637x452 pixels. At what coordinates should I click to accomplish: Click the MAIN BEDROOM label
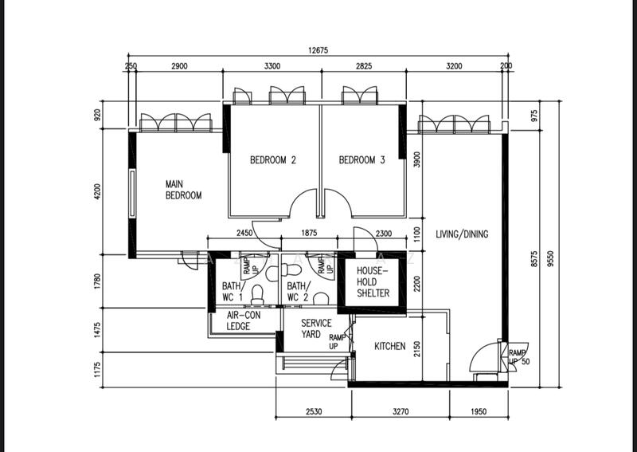click(x=183, y=189)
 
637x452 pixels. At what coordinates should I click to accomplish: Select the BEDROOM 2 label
click(x=273, y=160)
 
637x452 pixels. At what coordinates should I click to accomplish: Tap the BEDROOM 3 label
click(x=362, y=160)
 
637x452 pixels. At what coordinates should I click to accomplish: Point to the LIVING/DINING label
click(x=462, y=234)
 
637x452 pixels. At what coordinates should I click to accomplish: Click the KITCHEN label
click(x=390, y=347)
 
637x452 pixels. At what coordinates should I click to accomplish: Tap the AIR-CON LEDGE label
click(x=238, y=321)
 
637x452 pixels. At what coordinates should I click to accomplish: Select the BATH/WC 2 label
click(x=298, y=291)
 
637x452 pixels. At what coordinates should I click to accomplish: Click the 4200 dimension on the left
click(x=98, y=192)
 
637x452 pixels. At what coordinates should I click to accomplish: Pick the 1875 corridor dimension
click(x=309, y=233)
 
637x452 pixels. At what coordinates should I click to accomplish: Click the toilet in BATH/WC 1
click(x=256, y=296)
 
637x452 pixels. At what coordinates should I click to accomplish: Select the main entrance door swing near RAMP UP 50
click(x=483, y=359)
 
